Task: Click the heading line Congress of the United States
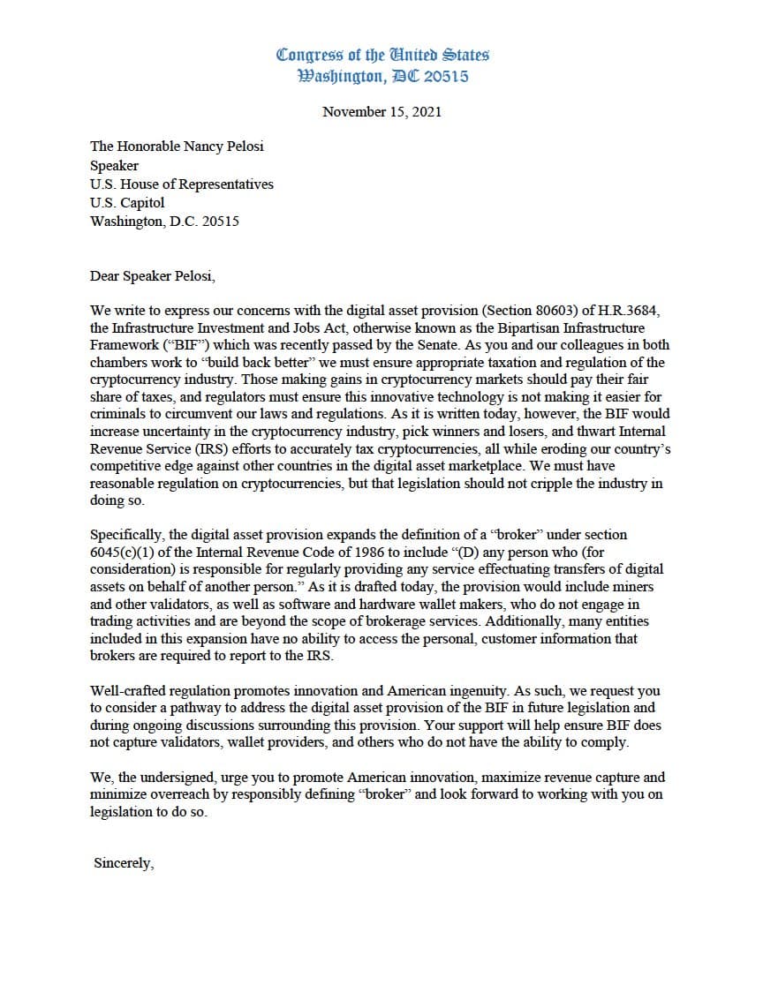[x=382, y=55]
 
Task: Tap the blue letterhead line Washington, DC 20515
[x=383, y=77]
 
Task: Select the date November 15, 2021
[x=381, y=112]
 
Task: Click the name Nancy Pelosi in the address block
[x=223, y=147]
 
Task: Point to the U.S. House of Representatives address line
[x=181, y=184]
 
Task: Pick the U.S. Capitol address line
[x=127, y=203]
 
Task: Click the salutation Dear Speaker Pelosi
[x=152, y=275]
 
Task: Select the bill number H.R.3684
[x=623, y=311]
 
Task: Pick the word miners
[x=631, y=586]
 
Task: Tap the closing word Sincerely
[x=124, y=863]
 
